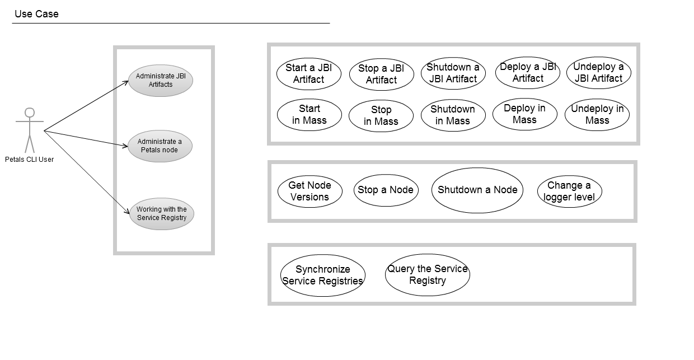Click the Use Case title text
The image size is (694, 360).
click(x=36, y=14)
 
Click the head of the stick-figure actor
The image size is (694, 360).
click(x=30, y=113)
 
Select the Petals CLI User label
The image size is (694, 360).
click(x=33, y=160)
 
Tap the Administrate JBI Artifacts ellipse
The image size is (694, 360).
click(x=161, y=81)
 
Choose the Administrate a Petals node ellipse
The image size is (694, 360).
click(x=160, y=146)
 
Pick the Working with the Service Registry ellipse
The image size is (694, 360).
click(x=162, y=214)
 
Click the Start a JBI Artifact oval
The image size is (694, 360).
click(x=308, y=74)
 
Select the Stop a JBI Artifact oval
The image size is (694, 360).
click(x=381, y=74)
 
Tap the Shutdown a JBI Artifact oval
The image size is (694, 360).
click(x=453, y=73)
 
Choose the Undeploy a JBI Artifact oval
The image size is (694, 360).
click(x=598, y=73)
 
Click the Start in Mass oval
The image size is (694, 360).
click(x=309, y=115)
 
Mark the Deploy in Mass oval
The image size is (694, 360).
click(x=524, y=114)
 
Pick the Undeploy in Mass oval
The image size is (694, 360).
click(x=597, y=115)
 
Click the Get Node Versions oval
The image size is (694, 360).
click(x=310, y=191)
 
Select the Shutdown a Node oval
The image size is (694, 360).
click(x=477, y=190)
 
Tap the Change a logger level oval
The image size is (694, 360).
click(x=569, y=191)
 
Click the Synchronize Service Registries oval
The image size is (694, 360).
click(x=322, y=275)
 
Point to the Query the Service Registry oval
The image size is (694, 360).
click(x=427, y=275)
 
